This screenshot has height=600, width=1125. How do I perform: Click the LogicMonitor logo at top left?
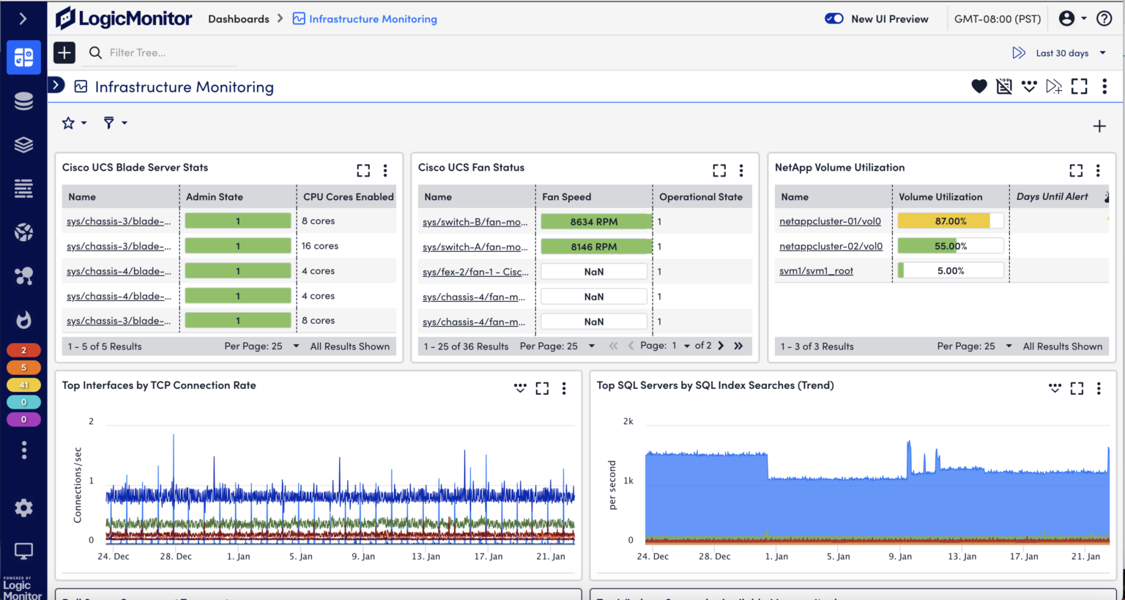tap(124, 18)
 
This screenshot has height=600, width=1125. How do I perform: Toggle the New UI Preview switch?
tap(833, 18)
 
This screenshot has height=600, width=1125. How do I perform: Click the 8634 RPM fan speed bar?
tap(594, 221)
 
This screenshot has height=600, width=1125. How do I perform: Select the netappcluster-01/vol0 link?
tap(830, 221)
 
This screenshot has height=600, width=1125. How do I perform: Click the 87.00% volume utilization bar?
tap(950, 221)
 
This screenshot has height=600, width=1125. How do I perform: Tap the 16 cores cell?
tap(320, 246)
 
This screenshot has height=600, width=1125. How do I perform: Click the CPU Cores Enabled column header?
tap(348, 196)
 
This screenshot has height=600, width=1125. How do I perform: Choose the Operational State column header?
tap(700, 196)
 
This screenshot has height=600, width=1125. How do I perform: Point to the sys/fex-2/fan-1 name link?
tap(475, 272)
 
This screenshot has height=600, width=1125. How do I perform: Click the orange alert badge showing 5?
tap(23, 367)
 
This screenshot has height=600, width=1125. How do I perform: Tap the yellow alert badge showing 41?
tap(23, 385)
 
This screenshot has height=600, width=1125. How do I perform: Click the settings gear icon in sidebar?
tap(23, 508)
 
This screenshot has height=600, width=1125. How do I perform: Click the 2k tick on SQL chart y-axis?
tap(628, 421)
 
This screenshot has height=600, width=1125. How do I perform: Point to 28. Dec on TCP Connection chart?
tap(176, 556)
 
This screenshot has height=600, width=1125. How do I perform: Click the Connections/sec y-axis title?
tap(78, 484)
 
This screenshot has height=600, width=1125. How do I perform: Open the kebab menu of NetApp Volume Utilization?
tap(1097, 171)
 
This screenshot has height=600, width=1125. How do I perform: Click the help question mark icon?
tap(1104, 18)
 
